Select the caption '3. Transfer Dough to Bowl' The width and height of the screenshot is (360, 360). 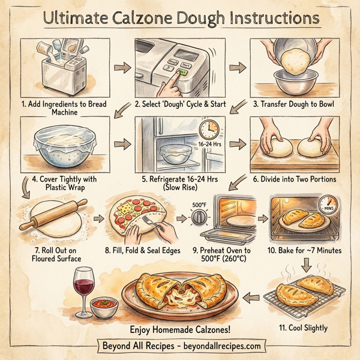293,104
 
